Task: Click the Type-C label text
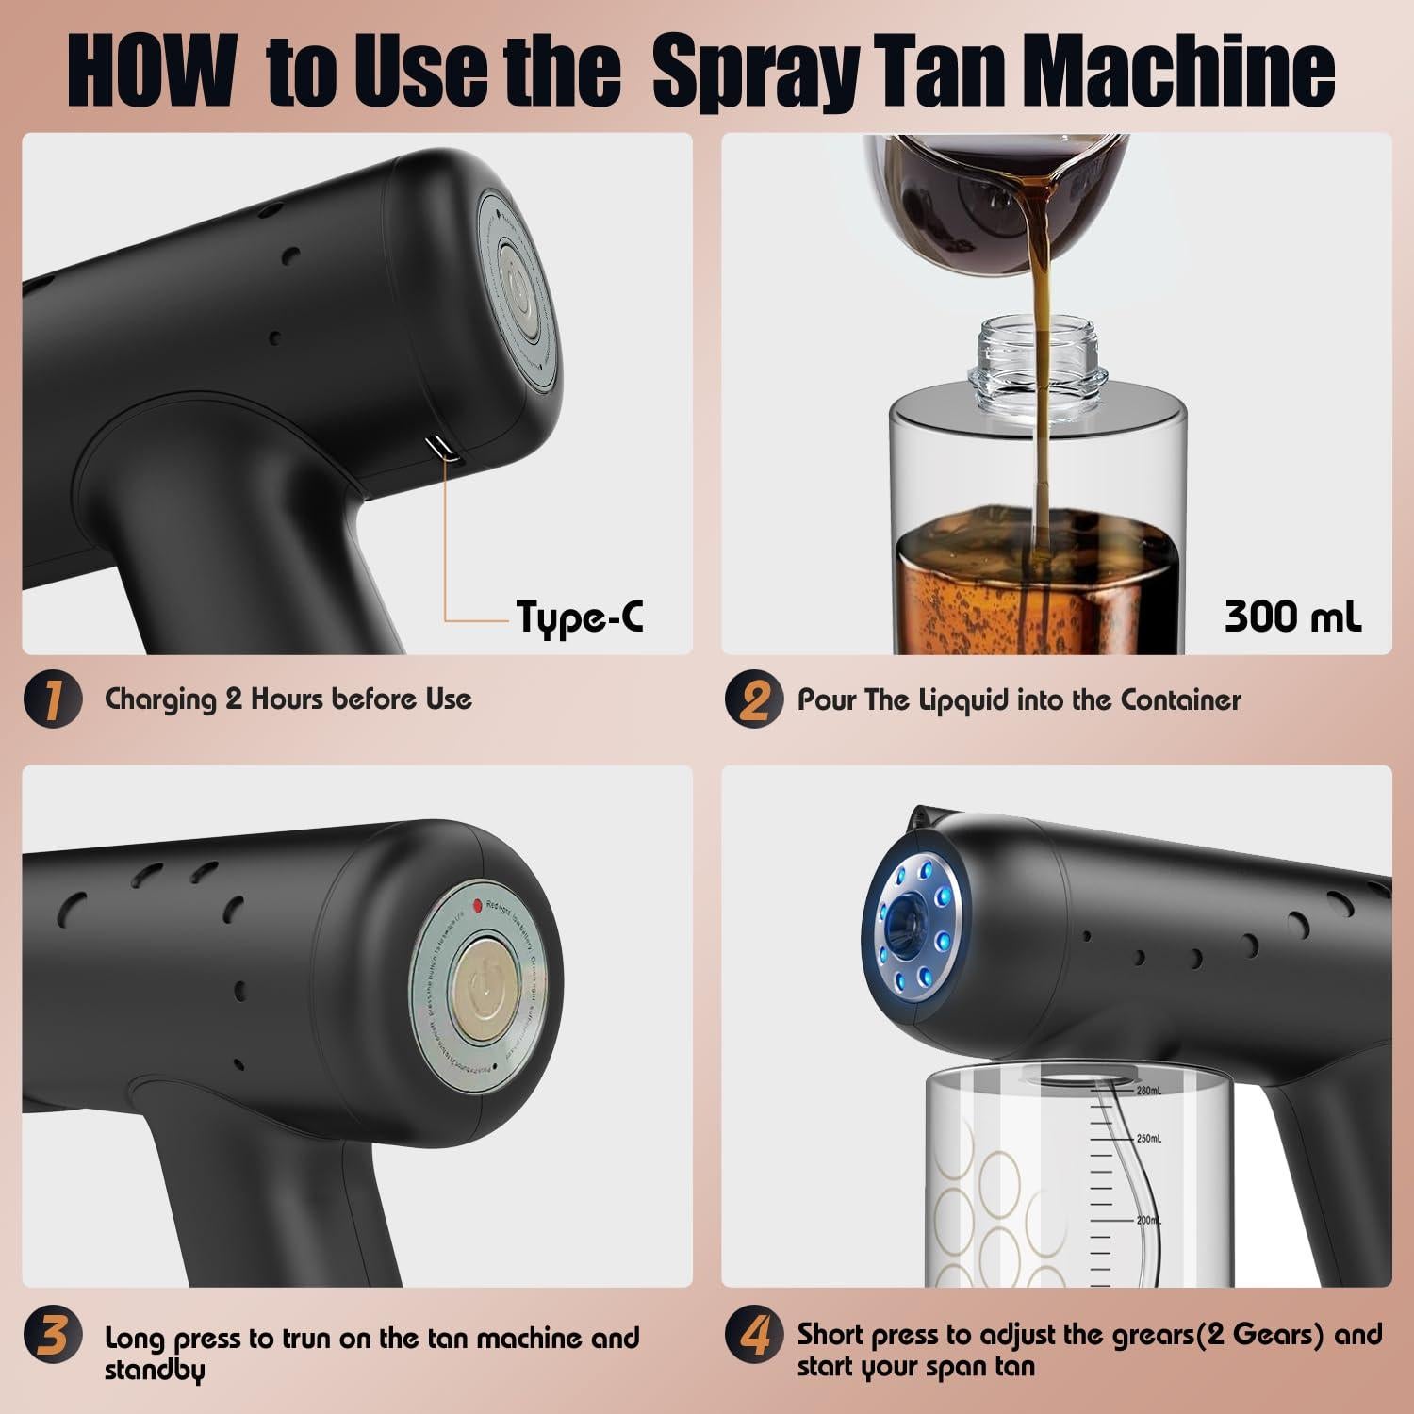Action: coord(580,617)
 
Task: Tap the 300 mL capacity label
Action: coord(1292,617)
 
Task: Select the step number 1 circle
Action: coord(53,699)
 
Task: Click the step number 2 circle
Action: coord(753,699)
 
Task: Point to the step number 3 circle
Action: coord(53,1337)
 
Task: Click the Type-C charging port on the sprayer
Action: coord(443,452)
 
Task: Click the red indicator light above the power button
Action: coord(478,906)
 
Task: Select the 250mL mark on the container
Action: coord(1147,1139)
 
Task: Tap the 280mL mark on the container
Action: coord(1147,1091)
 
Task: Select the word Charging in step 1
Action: coord(160,699)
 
